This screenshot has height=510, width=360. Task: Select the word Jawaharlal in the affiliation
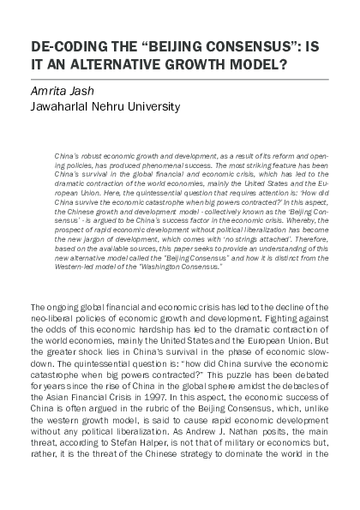point(63,107)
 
